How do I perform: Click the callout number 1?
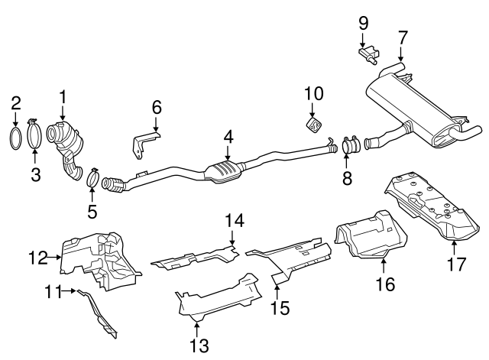tap(63, 96)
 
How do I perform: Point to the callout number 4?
tap(228, 137)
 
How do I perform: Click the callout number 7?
tap(403, 35)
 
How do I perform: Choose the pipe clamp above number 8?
tap(351, 143)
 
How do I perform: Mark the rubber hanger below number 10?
tap(313, 125)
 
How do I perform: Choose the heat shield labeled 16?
tap(372, 237)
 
